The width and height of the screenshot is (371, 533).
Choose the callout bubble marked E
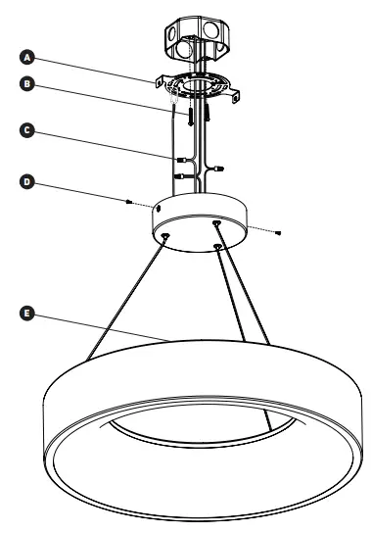click(x=28, y=314)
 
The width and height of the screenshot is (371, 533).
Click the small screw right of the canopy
click(x=281, y=232)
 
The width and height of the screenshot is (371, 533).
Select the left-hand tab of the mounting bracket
click(x=160, y=79)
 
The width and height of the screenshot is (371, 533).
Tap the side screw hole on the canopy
click(x=158, y=209)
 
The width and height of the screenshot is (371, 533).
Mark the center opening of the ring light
click(x=201, y=431)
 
